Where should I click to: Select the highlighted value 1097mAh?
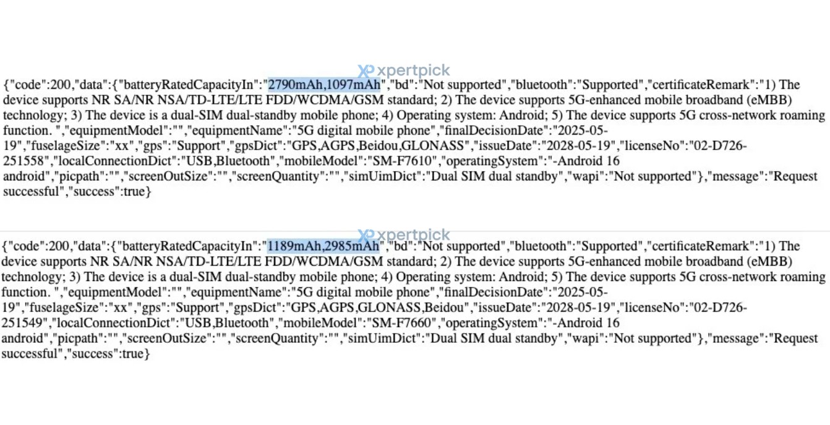click(x=353, y=85)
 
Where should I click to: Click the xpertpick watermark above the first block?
click(x=404, y=71)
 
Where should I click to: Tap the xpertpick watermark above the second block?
click(x=404, y=235)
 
